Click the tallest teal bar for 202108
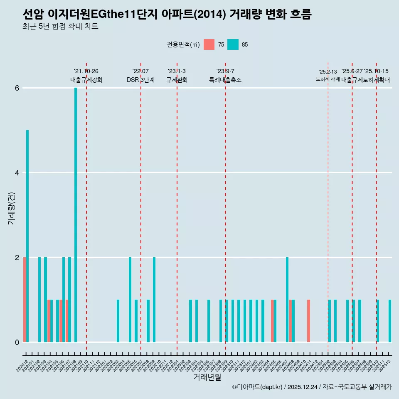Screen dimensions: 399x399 [x=76, y=214]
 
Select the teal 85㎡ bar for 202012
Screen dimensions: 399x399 [x=27, y=236]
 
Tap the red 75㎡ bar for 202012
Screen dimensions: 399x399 [x=25, y=299]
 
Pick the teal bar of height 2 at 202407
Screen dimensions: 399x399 [x=287, y=299]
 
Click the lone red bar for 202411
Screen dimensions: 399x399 [x=308, y=320]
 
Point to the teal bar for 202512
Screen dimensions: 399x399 [x=390, y=320]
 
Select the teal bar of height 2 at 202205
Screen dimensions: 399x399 [x=130, y=299]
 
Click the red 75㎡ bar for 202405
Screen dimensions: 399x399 [x=272, y=320]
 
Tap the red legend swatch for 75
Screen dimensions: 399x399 [x=209, y=44]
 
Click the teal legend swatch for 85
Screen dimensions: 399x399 [x=233, y=44]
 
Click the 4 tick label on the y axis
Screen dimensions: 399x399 [x=17, y=173]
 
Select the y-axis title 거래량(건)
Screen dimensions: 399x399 [x=11, y=208]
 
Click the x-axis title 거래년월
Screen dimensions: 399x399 [x=207, y=377]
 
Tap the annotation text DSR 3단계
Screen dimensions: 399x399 [x=140, y=80]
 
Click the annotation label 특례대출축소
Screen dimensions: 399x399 [x=225, y=80]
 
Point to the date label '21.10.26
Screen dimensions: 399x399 [x=86, y=71]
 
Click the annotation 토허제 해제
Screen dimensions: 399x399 [x=328, y=79]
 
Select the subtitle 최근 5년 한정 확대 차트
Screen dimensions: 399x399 [x=61, y=27]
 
